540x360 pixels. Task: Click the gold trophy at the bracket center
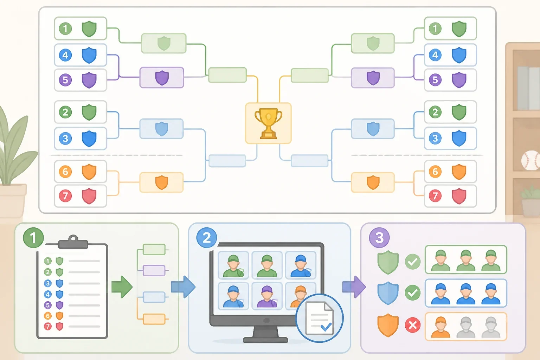268,124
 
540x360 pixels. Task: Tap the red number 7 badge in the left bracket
65,196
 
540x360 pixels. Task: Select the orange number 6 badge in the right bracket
435,172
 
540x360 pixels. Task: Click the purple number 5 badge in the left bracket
65,80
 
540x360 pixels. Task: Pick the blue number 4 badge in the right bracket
435,55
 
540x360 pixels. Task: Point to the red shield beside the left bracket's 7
89,196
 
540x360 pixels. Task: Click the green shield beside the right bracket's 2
459,112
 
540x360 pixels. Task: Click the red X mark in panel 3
413,325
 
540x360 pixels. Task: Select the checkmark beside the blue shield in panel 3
413,293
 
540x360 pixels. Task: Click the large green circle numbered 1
33,238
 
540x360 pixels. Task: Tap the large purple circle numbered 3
379,238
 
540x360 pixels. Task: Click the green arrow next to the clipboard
122,287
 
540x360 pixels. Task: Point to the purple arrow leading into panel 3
354,287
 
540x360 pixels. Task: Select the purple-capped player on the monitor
266,297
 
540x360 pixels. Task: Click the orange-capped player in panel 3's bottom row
441,327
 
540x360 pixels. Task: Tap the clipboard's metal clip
73,242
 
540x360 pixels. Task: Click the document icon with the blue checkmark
320,318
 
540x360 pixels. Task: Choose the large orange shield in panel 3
388,325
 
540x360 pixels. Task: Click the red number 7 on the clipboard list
48,327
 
